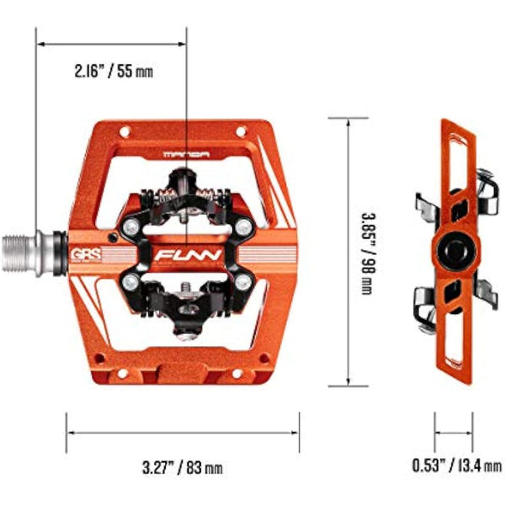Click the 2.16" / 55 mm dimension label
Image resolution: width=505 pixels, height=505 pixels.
pyautogui.click(x=113, y=72)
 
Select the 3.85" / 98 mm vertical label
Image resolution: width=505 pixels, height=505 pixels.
pyautogui.click(x=366, y=252)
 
